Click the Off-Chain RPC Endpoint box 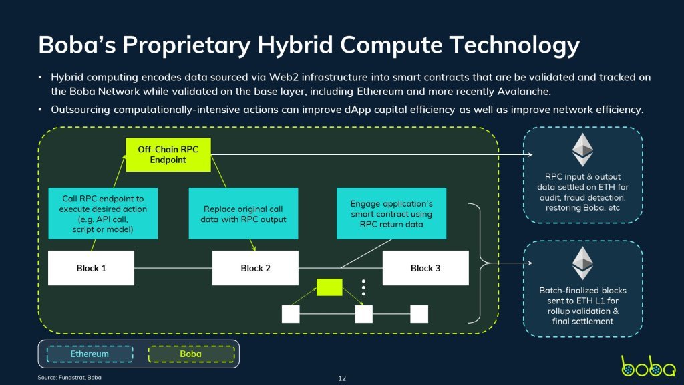[168, 154]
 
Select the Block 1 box [91, 268]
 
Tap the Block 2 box [255, 268]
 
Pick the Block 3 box [425, 268]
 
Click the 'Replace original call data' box [243, 213]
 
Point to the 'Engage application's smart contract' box [391, 213]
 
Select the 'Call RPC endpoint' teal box [103, 213]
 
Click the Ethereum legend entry [90, 354]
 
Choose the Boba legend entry [191, 354]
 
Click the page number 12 [342, 378]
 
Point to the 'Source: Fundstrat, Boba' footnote [69, 378]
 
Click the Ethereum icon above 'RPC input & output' [582, 150]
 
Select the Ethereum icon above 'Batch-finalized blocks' [582, 263]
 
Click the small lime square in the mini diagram [329, 287]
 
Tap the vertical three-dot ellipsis [363, 287]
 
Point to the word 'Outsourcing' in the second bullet [80, 110]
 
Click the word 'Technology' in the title [515, 45]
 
